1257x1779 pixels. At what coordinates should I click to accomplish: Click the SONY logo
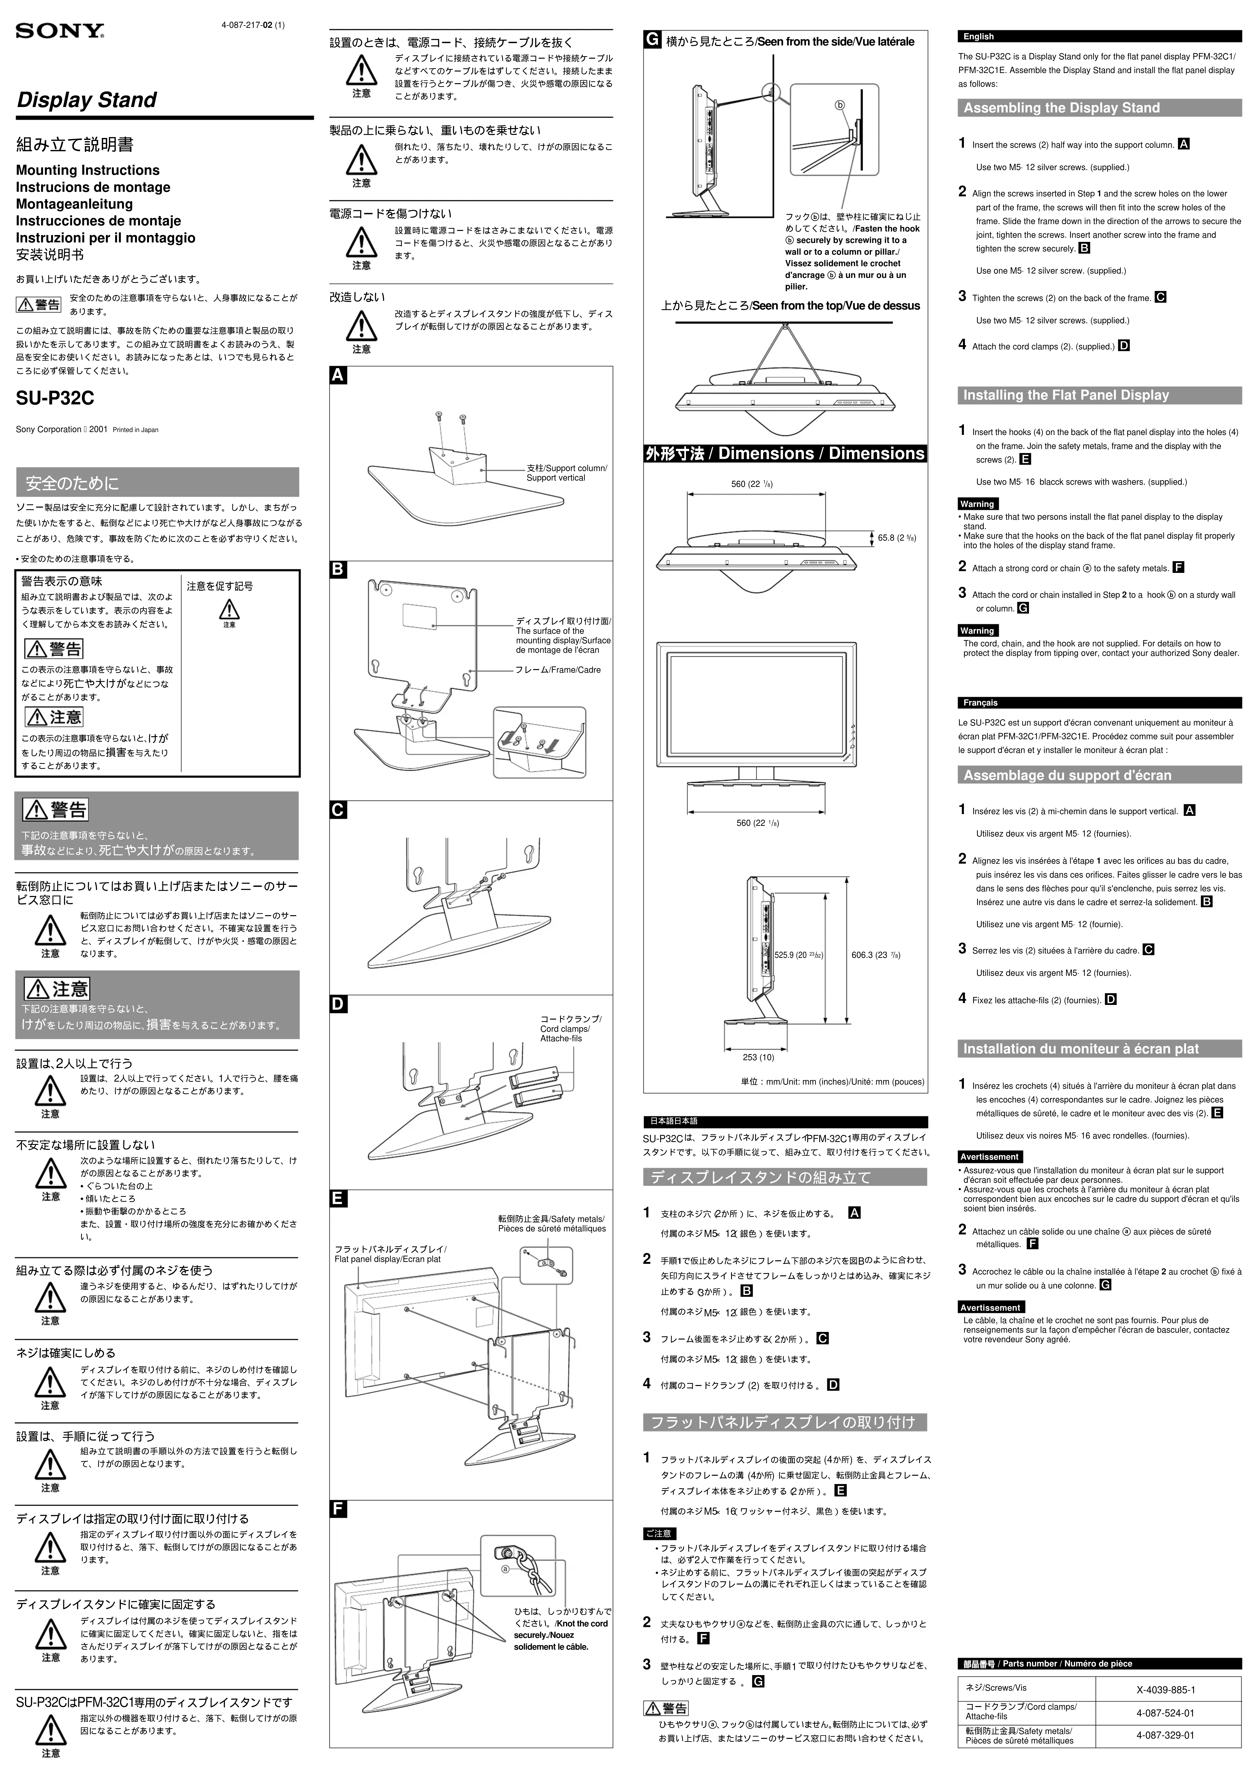(x=60, y=31)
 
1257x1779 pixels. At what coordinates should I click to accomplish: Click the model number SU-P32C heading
(x=55, y=398)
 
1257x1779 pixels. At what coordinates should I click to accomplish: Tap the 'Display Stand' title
(x=87, y=100)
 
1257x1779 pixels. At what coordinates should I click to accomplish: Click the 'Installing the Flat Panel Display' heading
(x=1066, y=395)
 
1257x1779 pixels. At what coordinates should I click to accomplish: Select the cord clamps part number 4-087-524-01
(x=1165, y=1713)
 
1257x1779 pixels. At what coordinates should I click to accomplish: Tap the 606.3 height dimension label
(x=876, y=955)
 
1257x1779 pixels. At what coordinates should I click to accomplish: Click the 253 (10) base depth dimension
(x=758, y=1057)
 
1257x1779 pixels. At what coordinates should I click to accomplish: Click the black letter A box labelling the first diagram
(x=339, y=376)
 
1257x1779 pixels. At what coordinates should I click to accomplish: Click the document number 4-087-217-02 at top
(x=253, y=25)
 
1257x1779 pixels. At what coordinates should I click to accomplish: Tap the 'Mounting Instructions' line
(x=88, y=170)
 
